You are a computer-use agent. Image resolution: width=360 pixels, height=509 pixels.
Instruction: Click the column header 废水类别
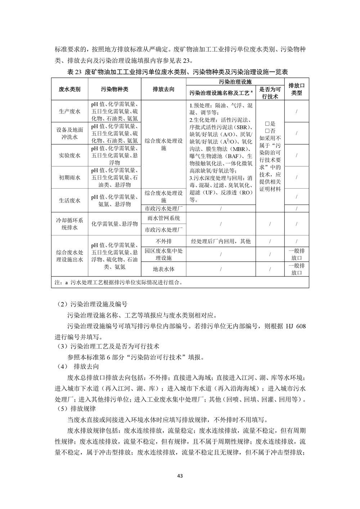point(69,89)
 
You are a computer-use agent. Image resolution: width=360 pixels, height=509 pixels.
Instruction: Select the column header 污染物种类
point(114,89)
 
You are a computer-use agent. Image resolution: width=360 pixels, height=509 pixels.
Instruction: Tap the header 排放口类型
point(297,89)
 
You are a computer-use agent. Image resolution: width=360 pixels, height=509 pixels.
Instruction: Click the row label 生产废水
point(69,111)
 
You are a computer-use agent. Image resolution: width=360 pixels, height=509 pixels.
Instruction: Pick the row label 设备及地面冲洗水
point(69,133)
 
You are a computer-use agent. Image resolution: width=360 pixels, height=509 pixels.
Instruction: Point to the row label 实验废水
point(69,156)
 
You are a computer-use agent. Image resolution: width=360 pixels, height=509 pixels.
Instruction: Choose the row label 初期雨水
point(69,177)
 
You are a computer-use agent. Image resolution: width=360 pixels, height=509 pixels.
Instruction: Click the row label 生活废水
point(69,201)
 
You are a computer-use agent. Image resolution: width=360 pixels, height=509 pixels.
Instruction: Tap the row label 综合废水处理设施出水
point(69,256)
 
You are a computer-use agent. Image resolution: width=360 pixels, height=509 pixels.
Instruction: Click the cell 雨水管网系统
point(163,218)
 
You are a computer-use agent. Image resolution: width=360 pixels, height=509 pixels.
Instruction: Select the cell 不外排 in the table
point(163,241)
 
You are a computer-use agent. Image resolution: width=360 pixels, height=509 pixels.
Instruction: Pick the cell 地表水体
point(163,269)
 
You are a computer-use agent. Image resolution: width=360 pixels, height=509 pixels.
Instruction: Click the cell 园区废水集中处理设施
point(163,254)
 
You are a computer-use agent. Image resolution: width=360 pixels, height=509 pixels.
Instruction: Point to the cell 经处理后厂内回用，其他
point(220,241)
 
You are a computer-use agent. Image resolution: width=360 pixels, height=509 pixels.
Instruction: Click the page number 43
point(180,476)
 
